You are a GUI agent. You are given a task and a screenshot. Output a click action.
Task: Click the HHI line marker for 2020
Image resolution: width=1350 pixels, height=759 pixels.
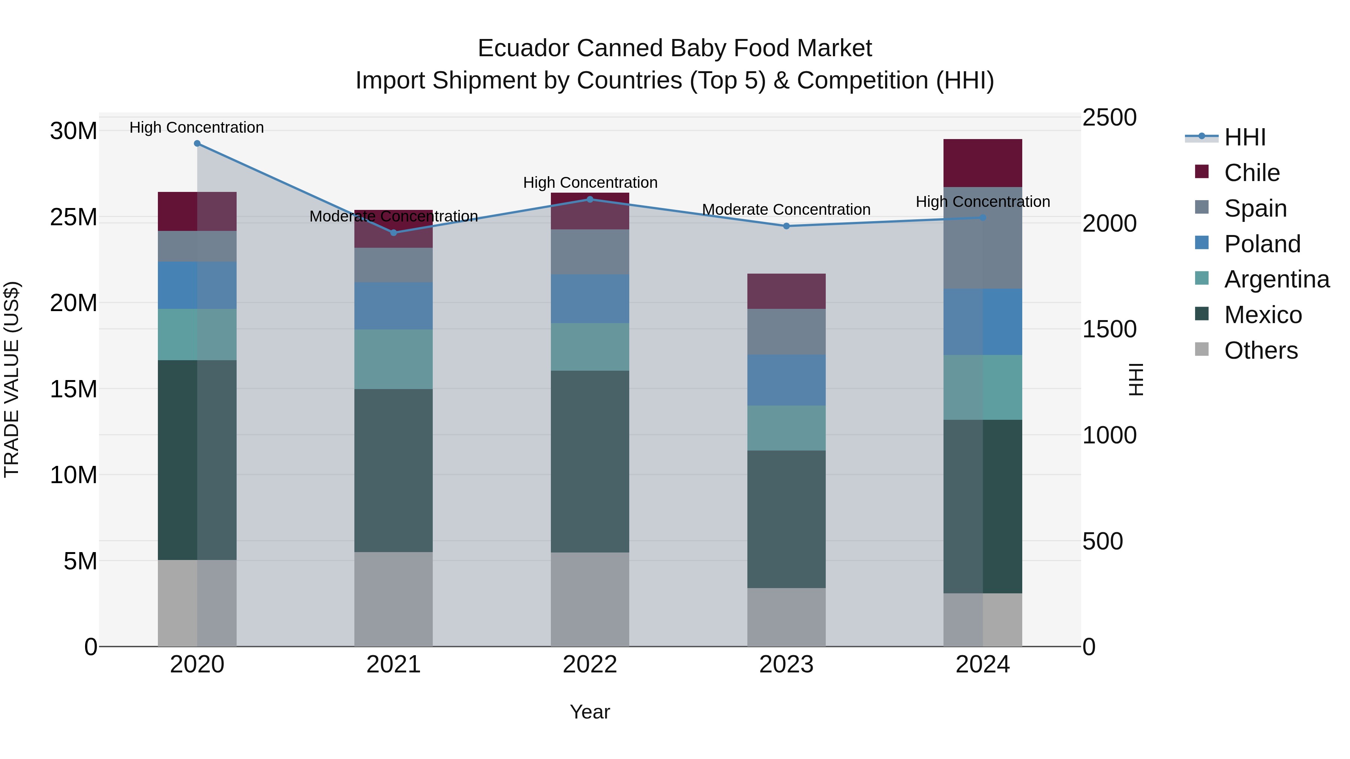pos(197,144)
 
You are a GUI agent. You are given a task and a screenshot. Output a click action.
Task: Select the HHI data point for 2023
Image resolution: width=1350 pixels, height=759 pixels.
pos(786,226)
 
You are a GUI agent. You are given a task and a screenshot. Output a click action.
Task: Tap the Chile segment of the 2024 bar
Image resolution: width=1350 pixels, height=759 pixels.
pos(982,163)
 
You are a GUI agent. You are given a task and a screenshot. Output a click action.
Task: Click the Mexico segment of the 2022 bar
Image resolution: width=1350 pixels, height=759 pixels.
pos(589,461)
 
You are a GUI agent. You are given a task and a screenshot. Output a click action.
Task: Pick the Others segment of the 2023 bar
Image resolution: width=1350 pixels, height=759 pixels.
pos(786,617)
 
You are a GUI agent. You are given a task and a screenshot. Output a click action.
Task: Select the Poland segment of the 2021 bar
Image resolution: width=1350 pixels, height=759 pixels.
pos(394,306)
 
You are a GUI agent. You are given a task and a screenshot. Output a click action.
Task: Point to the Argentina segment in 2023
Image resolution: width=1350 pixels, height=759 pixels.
pos(786,428)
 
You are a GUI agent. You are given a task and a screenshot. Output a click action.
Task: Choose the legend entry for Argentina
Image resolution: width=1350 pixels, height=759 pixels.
pos(1276,279)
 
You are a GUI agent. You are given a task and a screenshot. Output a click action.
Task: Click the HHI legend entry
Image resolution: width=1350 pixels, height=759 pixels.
pos(1245,137)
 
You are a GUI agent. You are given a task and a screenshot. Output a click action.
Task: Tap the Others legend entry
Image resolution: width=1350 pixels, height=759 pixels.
pos(1260,350)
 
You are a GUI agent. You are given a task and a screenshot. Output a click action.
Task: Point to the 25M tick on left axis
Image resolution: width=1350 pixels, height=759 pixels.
pos(73,217)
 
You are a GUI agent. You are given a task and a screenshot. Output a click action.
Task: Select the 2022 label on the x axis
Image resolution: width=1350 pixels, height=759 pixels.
pos(589,665)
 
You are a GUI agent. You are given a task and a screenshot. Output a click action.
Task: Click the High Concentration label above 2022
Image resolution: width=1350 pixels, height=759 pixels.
pos(590,183)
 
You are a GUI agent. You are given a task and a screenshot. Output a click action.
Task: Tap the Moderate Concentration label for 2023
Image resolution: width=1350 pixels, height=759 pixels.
pos(786,210)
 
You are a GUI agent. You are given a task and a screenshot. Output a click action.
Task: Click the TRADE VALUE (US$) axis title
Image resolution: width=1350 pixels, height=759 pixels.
pos(12,379)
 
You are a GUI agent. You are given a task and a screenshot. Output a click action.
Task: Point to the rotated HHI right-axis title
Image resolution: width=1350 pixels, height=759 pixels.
pos(1135,379)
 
